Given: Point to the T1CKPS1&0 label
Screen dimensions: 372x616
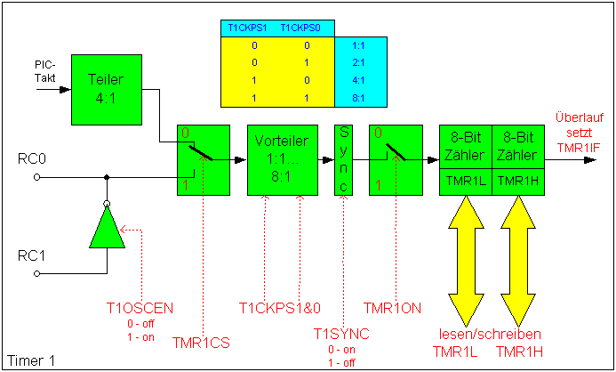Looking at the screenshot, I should pos(280,308).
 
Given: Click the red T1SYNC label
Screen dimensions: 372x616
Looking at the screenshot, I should pos(341,334).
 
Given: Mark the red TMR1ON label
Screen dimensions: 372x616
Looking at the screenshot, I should pos(393,308).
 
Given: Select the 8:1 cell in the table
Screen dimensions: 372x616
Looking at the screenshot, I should pos(360,95).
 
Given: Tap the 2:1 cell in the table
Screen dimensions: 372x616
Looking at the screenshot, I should pos(360,61).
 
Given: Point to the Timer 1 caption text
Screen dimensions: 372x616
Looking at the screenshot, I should pos(28,361).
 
